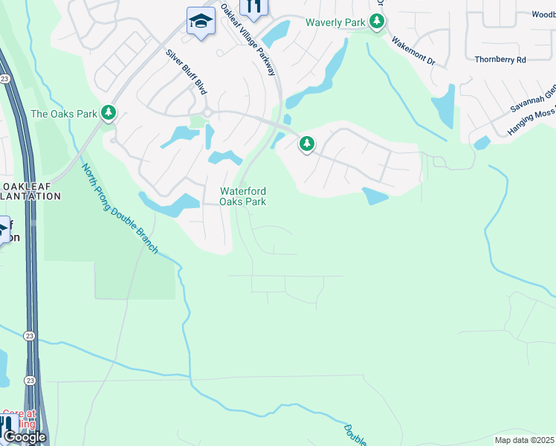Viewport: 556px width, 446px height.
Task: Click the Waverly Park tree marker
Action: click(x=377, y=22)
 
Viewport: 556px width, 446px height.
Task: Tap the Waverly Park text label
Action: click(x=335, y=22)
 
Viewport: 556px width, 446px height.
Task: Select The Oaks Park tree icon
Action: click(x=109, y=113)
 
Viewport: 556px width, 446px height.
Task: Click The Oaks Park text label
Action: click(x=64, y=114)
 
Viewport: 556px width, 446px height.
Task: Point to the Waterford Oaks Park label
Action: click(x=243, y=196)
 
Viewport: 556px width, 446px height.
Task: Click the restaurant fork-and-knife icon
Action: click(x=253, y=7)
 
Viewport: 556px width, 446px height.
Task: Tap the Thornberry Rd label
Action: click(x=500, y=59)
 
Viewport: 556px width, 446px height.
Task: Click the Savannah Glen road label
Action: click(x=533, y=99)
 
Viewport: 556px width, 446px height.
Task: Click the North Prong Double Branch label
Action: click(x=120, y=208)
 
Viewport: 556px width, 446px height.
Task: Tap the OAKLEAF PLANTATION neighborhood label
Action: click(x=30, y=191)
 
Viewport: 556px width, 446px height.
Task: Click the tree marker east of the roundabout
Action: click(x=306, y=144)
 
